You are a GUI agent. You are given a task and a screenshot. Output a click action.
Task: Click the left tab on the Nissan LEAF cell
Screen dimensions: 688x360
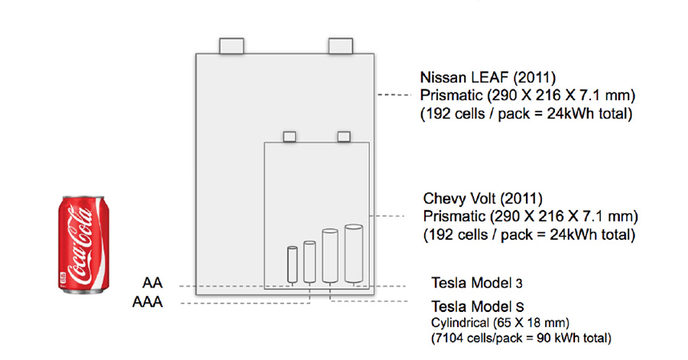pos(232,45)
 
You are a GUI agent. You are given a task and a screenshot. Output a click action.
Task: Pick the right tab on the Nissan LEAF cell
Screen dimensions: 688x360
pos(339,45)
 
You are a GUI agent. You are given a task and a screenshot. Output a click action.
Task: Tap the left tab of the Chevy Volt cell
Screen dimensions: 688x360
pos(289,136)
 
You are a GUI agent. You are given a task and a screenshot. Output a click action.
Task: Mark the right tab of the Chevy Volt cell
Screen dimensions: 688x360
pos(343,136)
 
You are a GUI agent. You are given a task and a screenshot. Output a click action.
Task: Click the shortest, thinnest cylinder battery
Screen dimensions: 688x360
pos(292,264)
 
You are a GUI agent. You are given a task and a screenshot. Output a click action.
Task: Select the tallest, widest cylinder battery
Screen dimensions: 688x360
pos(353,253)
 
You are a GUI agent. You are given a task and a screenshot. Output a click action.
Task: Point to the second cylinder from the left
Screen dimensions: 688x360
pos(310,261)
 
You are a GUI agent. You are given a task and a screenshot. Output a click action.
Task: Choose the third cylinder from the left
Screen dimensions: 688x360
pos(330,256)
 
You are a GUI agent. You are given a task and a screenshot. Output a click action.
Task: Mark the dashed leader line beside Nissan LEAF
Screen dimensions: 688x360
pos(396,94)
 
